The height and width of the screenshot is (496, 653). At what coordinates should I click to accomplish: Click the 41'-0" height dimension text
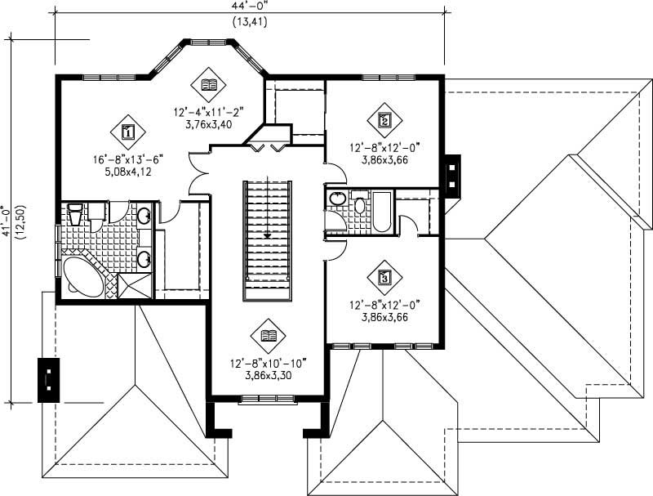(7, 221)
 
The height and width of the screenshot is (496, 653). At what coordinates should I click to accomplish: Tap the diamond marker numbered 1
(127, 130)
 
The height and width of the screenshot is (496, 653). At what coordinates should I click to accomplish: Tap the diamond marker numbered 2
(384, 119)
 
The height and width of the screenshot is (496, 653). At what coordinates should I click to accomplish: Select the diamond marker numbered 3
(384, 277)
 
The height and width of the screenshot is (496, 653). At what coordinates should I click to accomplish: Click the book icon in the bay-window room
(209, 83)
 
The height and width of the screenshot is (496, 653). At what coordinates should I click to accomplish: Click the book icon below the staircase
(269, 334)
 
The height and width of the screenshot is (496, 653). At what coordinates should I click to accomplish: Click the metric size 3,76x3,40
(208, 125)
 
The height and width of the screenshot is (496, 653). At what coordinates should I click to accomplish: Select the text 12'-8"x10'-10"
(269, 364)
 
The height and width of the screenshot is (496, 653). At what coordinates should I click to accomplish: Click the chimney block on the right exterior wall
(451, 172)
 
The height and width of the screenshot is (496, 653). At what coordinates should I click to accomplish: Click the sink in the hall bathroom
(335, 198)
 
